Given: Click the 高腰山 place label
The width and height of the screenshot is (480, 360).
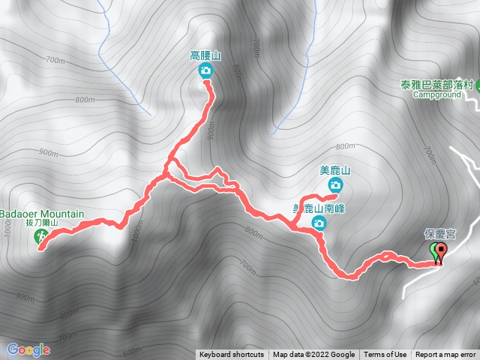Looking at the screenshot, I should (x=205, y=55).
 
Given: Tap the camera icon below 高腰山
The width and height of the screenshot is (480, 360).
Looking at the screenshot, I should (x=205, y=71).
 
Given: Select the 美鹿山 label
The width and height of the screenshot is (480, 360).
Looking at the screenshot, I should (x=335, y=170).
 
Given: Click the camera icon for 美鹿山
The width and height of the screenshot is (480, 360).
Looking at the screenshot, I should (x=335, y=185).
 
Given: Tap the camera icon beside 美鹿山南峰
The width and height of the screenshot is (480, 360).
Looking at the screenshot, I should (x=319, y=223).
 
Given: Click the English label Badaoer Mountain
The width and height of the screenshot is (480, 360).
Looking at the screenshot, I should (x=42, y=214).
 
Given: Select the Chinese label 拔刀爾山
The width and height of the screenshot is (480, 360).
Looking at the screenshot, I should (x=41, y=223).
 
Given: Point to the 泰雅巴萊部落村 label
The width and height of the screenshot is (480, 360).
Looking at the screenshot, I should (x=438, y=85).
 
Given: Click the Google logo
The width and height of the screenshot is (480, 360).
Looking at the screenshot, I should (x=28, y=349).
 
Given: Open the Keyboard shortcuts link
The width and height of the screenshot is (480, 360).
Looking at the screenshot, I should (x=232, y=355).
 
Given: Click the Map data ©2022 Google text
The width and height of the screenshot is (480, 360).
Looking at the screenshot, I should (x=313, y=355).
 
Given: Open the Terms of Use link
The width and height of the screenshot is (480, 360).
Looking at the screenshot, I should (x=385, y=355).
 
